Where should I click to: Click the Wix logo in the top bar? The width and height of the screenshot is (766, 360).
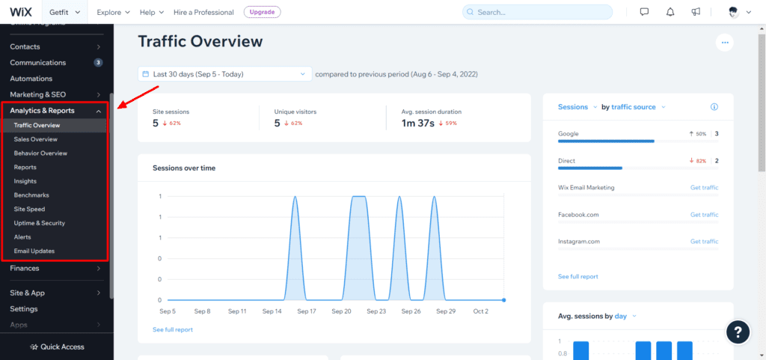click(x=20, y=12)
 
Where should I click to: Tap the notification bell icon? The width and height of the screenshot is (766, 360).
click(x=672, y=12)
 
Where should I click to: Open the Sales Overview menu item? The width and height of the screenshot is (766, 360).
click(x=35, y=139)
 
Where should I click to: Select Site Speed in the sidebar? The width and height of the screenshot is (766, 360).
click(x=29, y=209)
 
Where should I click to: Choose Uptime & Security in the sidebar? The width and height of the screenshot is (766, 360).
click(x=39, y=223)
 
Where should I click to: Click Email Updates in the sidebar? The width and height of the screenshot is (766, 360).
click(x=34, y=251)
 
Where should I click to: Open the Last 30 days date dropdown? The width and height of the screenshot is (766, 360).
click(x=224, y=74)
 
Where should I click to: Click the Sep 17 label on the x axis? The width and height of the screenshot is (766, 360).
click(x=307, y=311)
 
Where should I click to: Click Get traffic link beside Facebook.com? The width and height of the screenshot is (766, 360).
click(x=704, y=215)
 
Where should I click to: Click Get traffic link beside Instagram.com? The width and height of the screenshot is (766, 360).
click(x=704, y=242)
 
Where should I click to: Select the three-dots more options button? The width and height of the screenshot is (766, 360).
click(x=723, y=43)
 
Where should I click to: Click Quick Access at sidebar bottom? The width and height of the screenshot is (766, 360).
click(x=57, y=347)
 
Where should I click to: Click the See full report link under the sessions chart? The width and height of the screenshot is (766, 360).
click(x=173, y=329)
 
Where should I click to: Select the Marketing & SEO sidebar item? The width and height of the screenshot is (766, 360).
click(x=37, y=94)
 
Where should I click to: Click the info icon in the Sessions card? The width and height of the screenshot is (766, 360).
click(x=714, y=107)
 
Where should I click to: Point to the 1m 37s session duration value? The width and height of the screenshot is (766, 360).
click(x=417, y=123)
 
